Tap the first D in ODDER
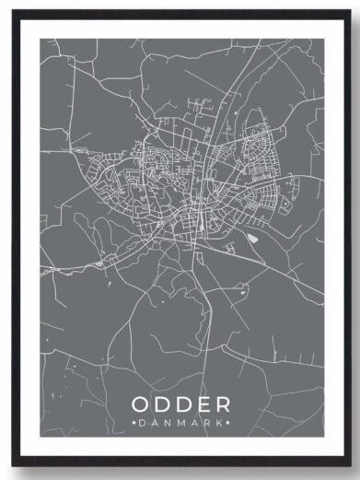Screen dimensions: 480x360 pos(163,405)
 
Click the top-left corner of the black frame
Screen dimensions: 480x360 pos(13,11)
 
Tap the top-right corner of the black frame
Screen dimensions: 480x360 pos(347,11)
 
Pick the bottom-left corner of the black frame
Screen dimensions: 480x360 pos(13,467)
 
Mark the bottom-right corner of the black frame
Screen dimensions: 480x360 pos(347,467)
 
